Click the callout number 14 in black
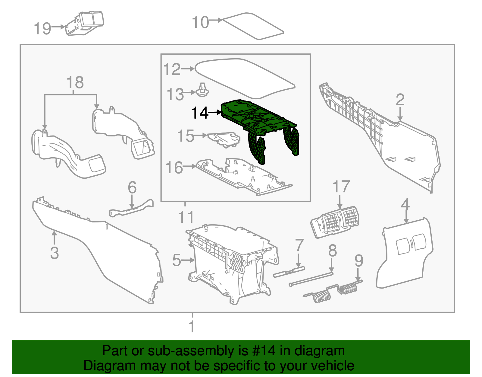click(x=200, y=113)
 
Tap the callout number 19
click(x=42, y=29)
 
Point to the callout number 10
click(x=200, y=22)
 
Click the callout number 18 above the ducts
click(x=75, y=82)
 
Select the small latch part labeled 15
click(x=224, y=139)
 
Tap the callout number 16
click(x=174, y=168)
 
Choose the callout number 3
click(x=55, y=253)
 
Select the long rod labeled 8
click(x=312, y=279)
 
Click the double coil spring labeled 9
click(x=334, y=291)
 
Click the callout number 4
click(x=405, y=204)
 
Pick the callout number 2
click(x=400, y=100)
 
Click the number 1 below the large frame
click(x=192, y=326)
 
